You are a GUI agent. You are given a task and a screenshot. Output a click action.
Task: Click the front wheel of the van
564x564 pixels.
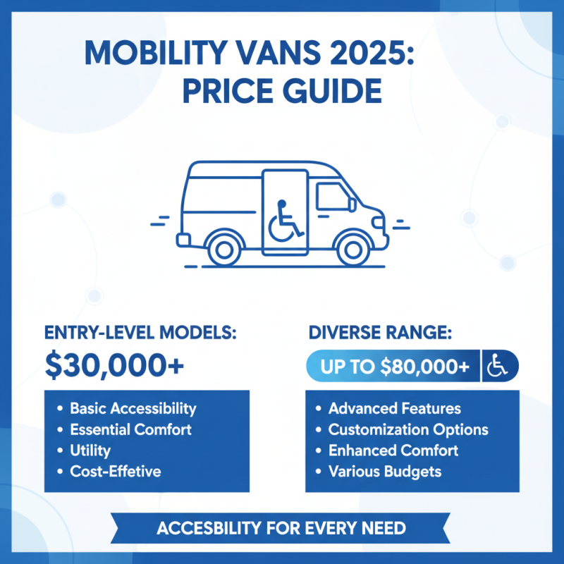tap(350, 248)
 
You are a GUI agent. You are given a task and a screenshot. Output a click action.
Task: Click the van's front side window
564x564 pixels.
tap(332, 197)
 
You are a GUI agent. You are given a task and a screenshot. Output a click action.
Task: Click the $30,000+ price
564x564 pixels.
tap(114, 365)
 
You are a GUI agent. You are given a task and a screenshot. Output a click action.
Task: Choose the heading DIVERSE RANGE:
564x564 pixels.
tap(379, 331)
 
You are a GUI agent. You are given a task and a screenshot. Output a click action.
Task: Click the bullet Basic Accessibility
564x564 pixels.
tap(133, 409)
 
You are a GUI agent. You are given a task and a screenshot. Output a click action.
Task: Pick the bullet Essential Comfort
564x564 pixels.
tap(130, 429)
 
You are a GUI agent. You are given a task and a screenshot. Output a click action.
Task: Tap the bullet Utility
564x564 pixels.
tap(90, 450)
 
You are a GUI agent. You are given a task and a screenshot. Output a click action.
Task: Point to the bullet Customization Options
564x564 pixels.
tap(408, 429)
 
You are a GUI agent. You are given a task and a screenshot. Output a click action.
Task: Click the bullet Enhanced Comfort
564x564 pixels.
tap(393, 450)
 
